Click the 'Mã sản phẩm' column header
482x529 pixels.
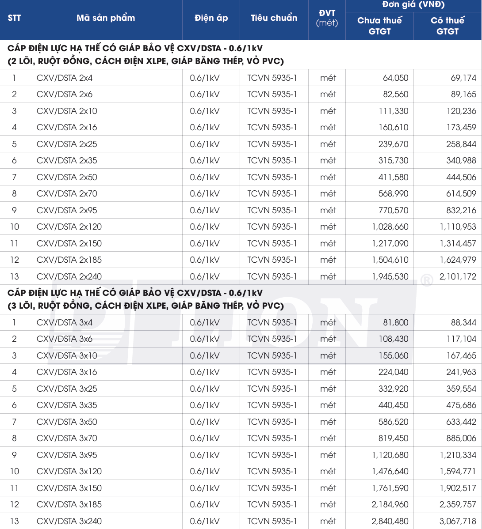pos(106,18)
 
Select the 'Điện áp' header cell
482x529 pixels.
pos(211,18)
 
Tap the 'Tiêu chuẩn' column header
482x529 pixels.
pos(274,18)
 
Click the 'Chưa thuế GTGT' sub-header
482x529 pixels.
pos(379,26)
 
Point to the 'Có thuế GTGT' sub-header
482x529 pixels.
pos(448,26)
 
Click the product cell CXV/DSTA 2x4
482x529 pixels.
pos(65,78)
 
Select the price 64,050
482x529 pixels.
pos(396,78)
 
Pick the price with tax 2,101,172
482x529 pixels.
pos(458,277)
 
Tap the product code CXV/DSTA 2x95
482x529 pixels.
pos(67,211)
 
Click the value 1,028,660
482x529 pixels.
pos(390,227)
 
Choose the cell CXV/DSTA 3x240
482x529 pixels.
pos(69,521)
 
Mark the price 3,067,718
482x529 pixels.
pos(458,521)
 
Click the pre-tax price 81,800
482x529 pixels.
pos(396,323)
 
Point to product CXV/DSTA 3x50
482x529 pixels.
pos(67,422)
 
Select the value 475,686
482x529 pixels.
pos(461,405)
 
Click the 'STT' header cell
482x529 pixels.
pos(14,18)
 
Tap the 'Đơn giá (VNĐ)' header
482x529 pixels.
pos(413,5)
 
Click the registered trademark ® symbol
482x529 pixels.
pos(426,280)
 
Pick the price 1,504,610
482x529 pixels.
pos(390,260)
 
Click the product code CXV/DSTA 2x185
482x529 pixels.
pos(69,260)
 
